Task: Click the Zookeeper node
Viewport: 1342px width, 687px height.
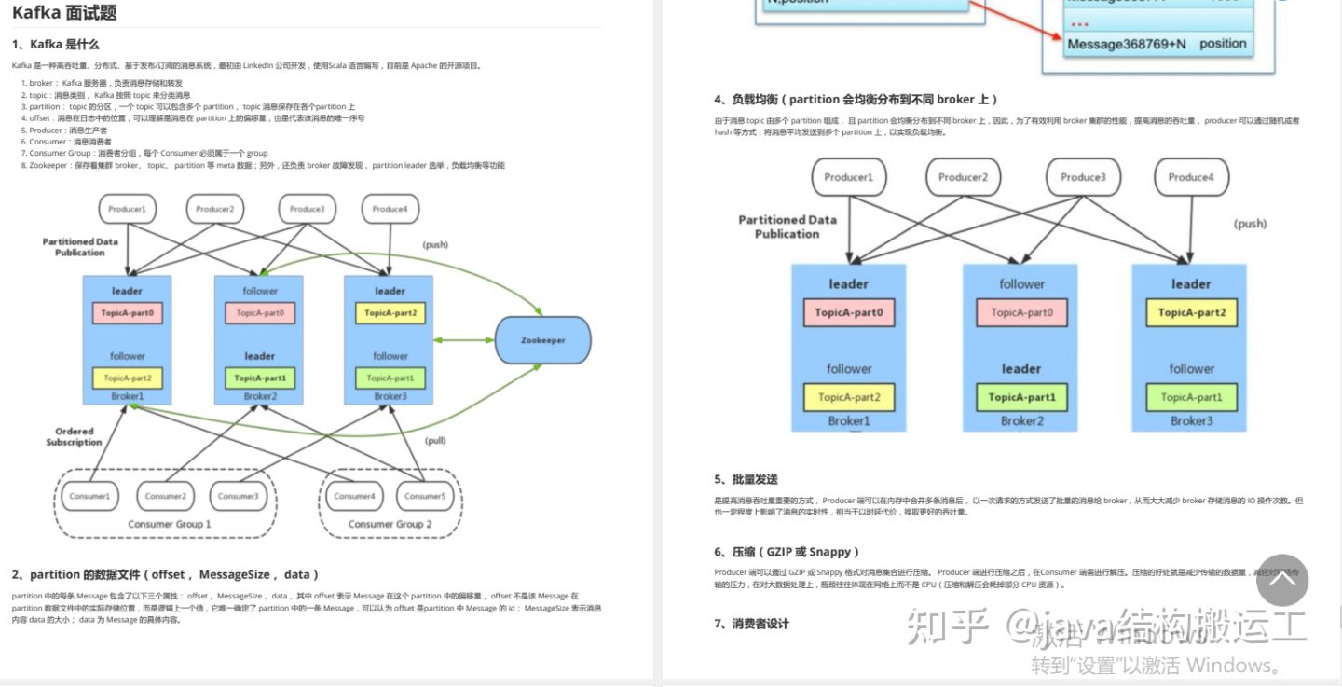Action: point(543,340)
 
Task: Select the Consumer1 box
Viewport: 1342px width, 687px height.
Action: point(89,496)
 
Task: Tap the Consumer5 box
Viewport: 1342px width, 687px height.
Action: point(426,496)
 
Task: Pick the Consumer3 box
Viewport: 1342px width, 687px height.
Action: point(239,496)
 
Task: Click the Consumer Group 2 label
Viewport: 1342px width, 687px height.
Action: point(390,524)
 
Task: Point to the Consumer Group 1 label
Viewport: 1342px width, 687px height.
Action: point(169,524)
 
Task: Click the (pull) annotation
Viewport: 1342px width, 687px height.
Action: point(436,440)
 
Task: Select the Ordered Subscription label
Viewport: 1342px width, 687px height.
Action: point(74,436)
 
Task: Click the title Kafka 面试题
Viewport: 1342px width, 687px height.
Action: point(64,13)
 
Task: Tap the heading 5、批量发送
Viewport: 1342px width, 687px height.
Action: point(746,479)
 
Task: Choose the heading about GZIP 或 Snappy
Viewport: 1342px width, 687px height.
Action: point(787,552)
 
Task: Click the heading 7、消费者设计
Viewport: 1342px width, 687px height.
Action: point(751,624)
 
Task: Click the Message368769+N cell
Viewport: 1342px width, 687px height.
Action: point(1127,44)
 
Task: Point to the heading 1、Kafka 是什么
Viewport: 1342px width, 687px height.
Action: point(56,44)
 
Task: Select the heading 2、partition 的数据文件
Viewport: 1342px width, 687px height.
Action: point(165,574)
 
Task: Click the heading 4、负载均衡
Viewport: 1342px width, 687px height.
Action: point(856,99)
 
